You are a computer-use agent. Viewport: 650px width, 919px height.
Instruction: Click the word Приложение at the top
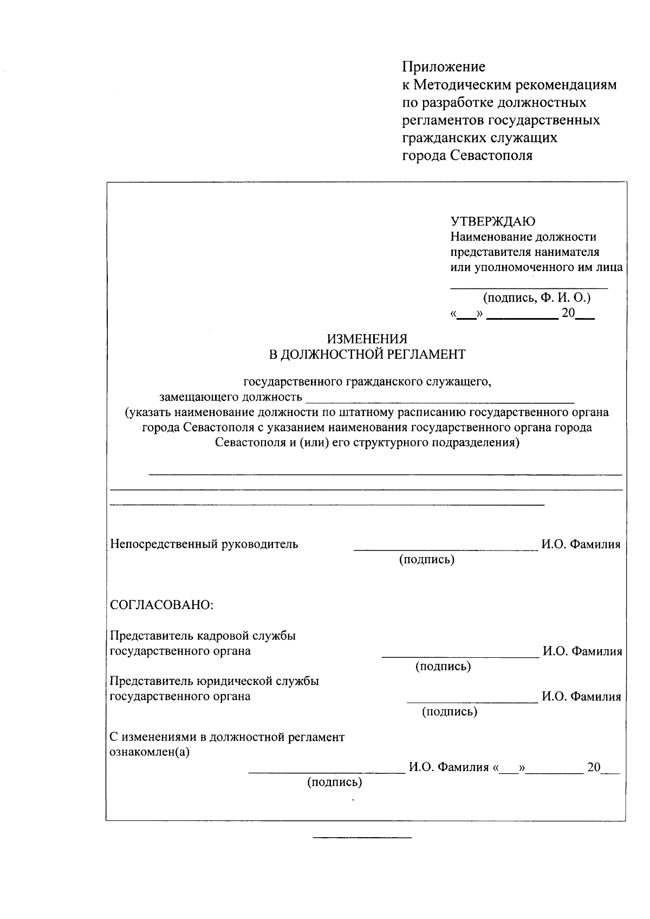click(x=444, y=67)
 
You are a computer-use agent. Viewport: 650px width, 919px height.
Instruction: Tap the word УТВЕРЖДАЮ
click(x=493, y=221)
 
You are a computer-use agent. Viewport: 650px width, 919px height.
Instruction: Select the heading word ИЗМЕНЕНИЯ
click(x=367, y=339)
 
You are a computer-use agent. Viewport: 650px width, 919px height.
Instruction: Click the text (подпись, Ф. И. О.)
click(x=536, y=297)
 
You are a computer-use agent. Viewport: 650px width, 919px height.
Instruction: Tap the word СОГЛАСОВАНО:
click(x=162, y=605)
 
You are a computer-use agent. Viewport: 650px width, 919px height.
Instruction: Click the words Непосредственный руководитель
click(x=204, y=544)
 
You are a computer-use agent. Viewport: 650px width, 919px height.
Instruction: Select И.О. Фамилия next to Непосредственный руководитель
click(x=581, y=545)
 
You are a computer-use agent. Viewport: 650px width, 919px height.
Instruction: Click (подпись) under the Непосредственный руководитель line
click(x=427, y=559)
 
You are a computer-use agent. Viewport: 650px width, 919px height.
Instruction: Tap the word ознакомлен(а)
click(x=149, y=753)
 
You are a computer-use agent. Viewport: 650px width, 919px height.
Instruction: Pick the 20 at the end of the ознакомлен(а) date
click(x=594, y=767)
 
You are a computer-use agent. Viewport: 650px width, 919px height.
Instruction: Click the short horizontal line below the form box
click(x=362, y=838)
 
